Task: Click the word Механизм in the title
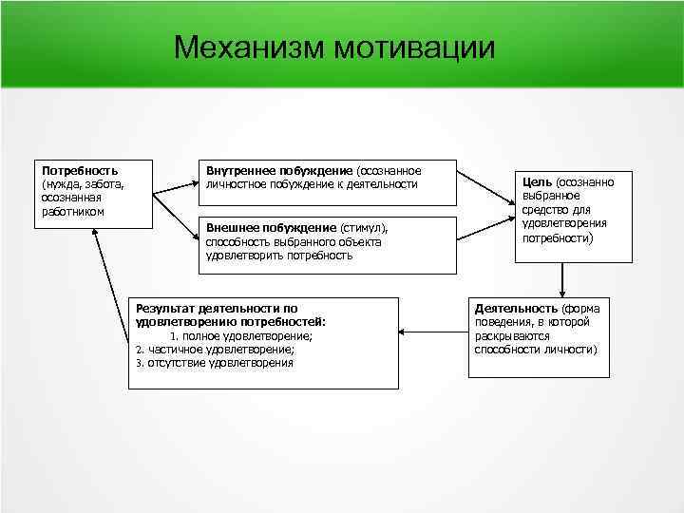(x=250, y=47)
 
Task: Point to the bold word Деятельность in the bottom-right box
(x=516, y=309)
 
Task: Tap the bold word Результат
(x=163, y=309)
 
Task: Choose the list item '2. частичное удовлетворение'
(x=215, y=350)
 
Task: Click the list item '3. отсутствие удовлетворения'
(x=215, y=363)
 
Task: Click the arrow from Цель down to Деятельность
(x=563, y=280)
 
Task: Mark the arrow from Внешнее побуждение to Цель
(x=484, y=228)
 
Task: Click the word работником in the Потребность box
(x=71, y=211)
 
